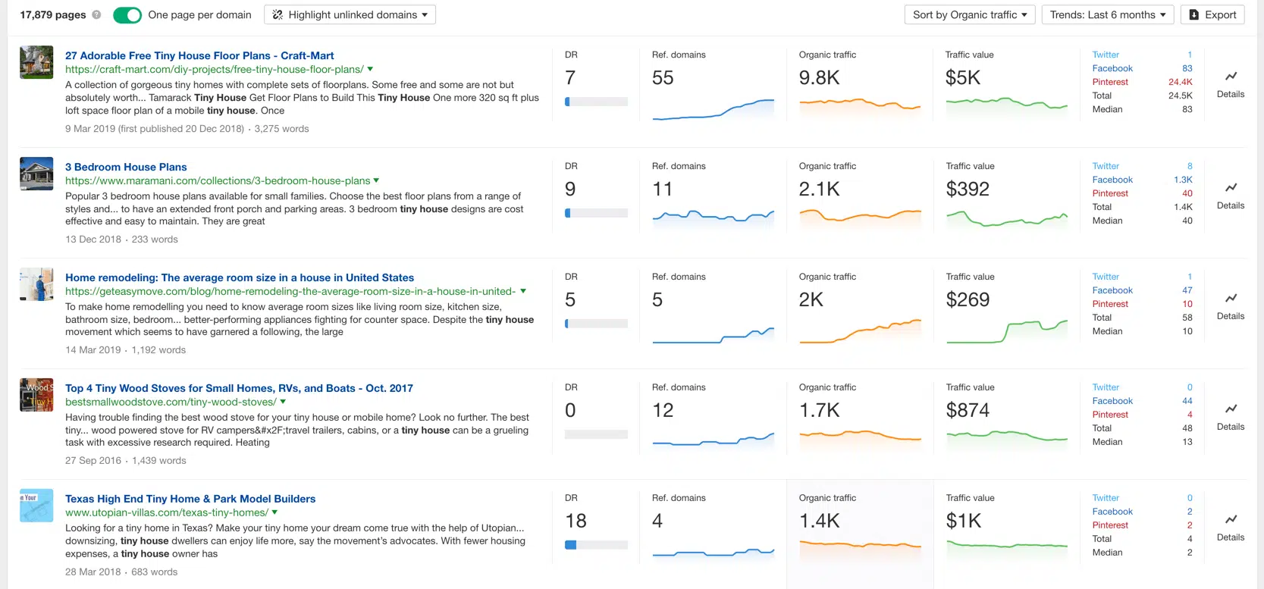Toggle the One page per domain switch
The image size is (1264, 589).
(x=127, y=15)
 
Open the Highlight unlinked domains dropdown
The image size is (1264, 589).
(x=350, y=15)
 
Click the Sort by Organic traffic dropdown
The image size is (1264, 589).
(x=969, y=15)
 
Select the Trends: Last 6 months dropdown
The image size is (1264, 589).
(x=1107, y=15)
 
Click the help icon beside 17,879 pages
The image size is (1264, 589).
(x=96, y=15)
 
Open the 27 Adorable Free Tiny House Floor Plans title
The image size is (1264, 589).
(x=199, y=56)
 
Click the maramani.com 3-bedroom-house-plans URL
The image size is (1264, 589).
(x=218, y=181)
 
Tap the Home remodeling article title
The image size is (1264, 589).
(x=240, y=278)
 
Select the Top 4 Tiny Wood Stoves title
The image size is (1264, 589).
(x=239, y=389)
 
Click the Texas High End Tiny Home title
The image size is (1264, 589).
(x=190, y=500)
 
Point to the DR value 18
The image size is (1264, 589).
(x=576, y=522)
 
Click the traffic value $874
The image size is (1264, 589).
(x=968, y=411)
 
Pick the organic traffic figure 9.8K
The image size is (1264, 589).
(x=819, y=78)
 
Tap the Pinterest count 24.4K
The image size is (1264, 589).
(x=1180, y=83)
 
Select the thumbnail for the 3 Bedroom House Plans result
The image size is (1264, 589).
(x=36, y=174)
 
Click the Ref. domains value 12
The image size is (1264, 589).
(x=663, y=411)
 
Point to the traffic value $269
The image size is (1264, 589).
(x=968, y=300)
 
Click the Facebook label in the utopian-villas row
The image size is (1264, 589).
(x=1112, y=512)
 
